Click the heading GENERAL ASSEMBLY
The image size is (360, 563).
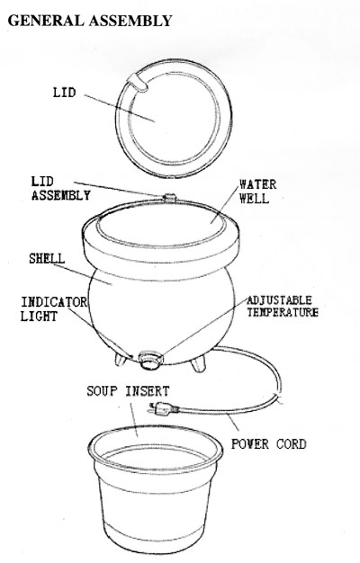90,21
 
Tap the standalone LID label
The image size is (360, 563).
65,93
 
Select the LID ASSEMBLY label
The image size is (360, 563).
60,189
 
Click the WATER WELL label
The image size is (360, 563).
257,191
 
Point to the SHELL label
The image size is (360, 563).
47,258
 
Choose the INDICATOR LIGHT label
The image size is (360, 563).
53,309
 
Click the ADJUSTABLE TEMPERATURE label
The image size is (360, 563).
283,307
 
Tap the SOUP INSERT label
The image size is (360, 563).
128,391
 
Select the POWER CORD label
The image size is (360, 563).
269,444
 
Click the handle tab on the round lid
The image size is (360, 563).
139,82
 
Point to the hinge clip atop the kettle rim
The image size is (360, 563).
169,198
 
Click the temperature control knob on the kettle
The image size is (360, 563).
151,360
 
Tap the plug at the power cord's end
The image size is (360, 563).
164,409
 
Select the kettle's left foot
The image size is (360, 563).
121,359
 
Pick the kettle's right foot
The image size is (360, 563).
199,362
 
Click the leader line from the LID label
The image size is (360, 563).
120,108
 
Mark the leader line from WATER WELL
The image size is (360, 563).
225,205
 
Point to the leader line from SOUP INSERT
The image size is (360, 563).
134,419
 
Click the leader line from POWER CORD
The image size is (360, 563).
233,423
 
